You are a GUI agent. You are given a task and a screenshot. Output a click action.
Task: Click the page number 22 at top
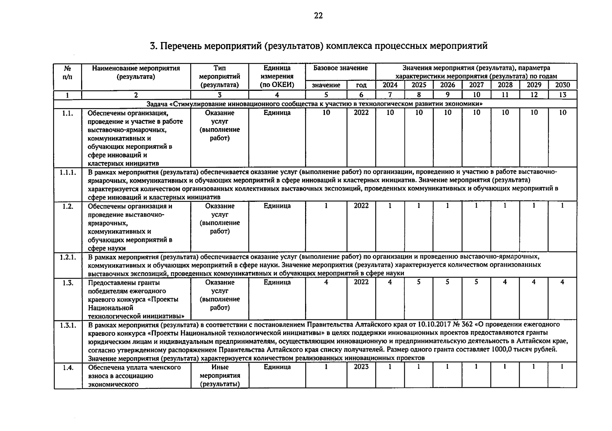click(x=318, y=16)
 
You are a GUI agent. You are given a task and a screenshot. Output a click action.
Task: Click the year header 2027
click(x=476, y=85)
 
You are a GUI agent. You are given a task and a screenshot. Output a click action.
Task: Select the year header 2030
click(x=562, y=85)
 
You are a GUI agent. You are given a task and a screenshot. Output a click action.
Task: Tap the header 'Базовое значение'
click(x=340, y=68)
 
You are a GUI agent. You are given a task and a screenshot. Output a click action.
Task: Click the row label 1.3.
click(x=67, y=283)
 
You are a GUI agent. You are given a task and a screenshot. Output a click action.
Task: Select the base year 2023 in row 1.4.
click(x=361, y=367)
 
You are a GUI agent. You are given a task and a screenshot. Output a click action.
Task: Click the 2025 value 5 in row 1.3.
click(x=419, y=282)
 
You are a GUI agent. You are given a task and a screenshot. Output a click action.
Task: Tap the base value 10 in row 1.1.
click(x=326, y=112)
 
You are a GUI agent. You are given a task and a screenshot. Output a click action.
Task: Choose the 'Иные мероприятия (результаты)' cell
click(x=220, y=376)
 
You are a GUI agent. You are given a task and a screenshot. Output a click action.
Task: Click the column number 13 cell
click(x=562, y=95)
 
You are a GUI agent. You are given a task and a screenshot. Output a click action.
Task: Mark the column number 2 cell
click(x=136, y=95)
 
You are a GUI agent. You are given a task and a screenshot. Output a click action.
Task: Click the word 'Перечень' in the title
click(x=181, y=46)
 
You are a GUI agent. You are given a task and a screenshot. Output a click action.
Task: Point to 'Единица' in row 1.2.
click(x=277, y=206)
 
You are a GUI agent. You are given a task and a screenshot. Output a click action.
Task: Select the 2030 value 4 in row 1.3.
click(x=562, y=282)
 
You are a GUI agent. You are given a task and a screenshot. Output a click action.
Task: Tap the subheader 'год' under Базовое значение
click(x=361, y=85)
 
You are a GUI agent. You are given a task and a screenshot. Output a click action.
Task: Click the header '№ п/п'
click(x=67, y=72)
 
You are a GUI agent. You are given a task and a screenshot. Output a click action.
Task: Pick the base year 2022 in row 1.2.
click(x=361, y=206)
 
